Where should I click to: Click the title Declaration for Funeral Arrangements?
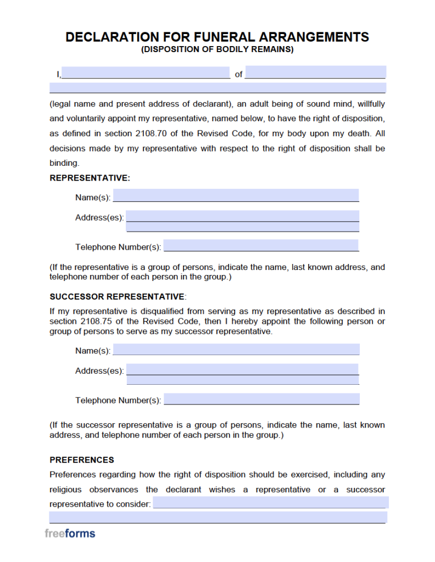(217, 37)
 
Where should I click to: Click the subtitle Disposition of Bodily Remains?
(217, 49)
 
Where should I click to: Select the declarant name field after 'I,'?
(146, 73)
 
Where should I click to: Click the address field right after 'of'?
(315, 72)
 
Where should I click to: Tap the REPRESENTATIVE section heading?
(90, 178)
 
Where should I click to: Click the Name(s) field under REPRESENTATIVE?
(236, 196)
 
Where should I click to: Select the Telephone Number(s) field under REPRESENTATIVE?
(261, 246)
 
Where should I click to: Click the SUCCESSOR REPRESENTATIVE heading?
(117, 296)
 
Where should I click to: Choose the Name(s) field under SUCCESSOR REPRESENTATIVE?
(236, 350)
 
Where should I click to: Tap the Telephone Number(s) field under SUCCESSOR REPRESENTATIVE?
(261, 399)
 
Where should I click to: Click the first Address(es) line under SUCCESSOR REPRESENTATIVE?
(242, 369)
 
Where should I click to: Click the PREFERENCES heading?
(82, 460)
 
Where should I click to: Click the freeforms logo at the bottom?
(70, 533)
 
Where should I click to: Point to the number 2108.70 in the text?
(149, 133)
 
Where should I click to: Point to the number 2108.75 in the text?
(94, 322)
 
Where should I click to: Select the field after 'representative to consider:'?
(270, 503)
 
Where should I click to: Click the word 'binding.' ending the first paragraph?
(64, 163)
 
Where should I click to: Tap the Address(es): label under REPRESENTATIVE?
(99, 217)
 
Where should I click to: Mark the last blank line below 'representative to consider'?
(217, 517)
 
